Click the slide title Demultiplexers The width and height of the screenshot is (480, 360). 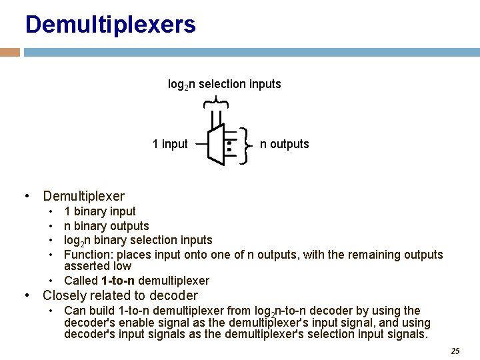coord(111,25)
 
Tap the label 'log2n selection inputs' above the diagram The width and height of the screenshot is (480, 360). coord(224,84)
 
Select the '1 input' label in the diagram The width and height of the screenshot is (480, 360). coord(170,144)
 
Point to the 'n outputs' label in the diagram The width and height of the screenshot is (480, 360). coord(284,144)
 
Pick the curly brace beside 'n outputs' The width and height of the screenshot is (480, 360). coord(245,145)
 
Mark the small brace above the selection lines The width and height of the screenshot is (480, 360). coord(215,102)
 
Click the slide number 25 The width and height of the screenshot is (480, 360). coord(455,351)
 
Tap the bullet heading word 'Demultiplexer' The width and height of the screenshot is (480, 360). coord(83,196)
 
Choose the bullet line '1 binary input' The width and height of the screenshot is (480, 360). coord(100,211)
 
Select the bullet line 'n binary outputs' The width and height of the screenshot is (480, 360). coord(107,226)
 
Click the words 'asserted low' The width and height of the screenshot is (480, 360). coord(97,266)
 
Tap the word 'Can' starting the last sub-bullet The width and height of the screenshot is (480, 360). coord(74,311)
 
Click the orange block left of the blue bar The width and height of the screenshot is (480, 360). coord(10,52)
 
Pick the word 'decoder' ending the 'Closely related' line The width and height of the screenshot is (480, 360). coord(176,295)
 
